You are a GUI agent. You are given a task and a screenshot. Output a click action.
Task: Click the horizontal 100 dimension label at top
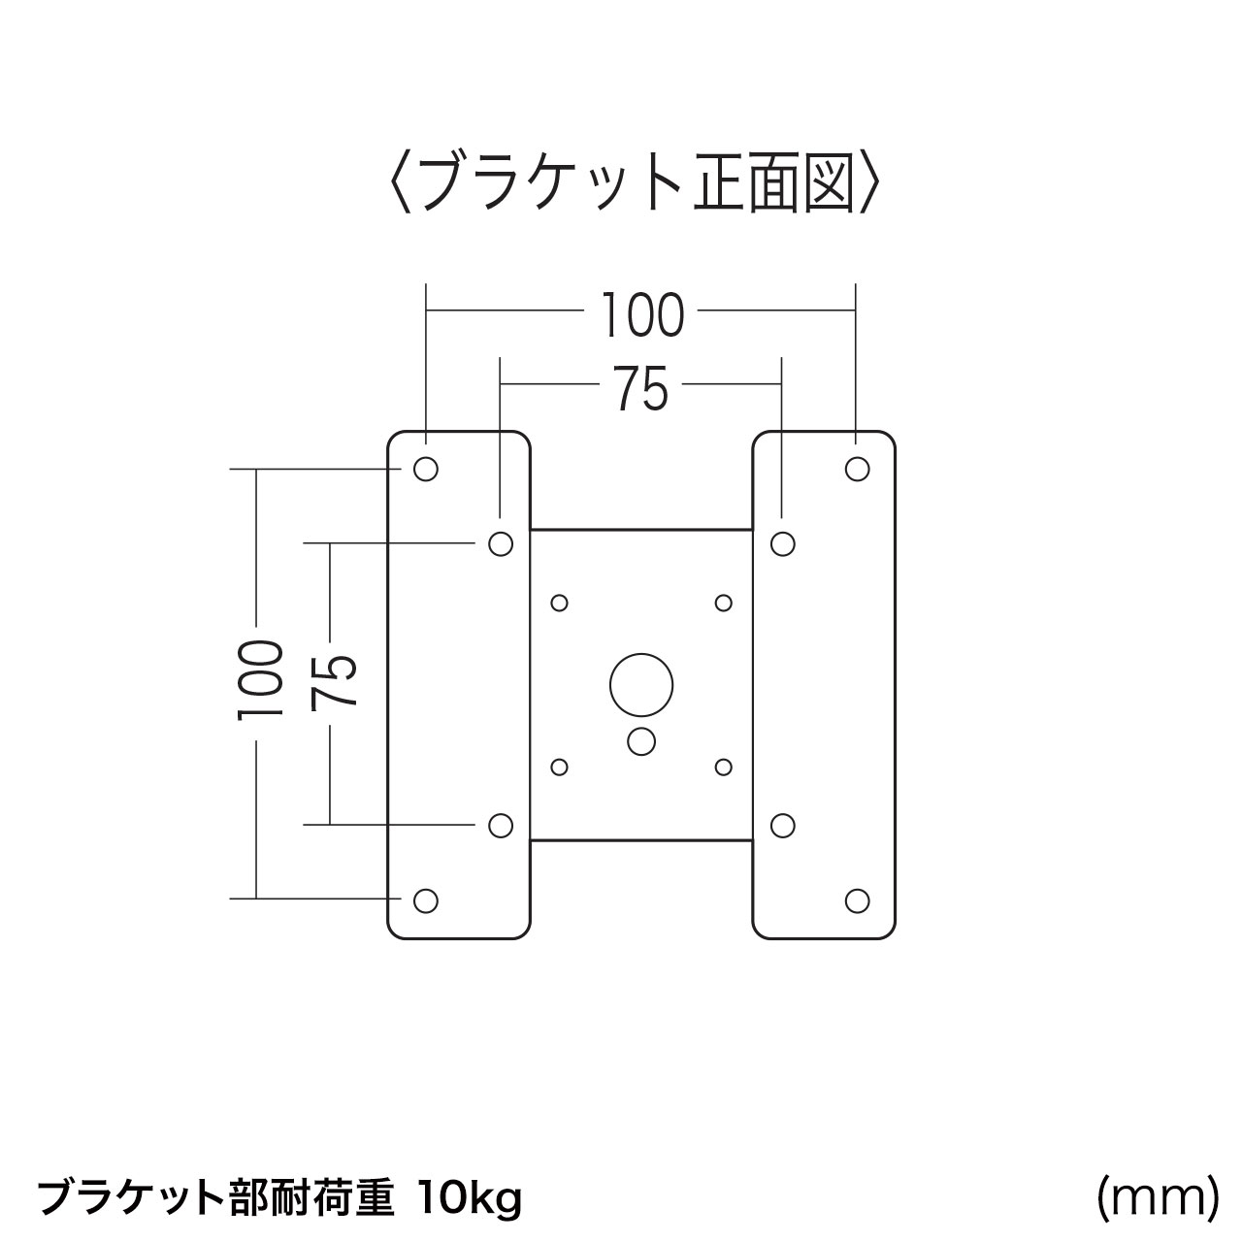(x=642, y=315)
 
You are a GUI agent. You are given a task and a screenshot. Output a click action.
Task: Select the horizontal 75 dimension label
(x=640, y=389)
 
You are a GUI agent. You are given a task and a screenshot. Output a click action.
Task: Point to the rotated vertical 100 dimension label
(x=260, y=679)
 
